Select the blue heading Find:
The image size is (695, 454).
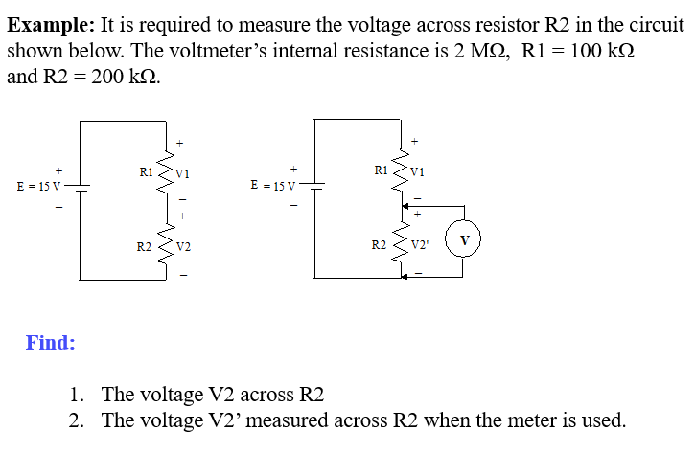pos(51,342)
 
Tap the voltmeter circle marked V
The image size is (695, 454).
pos(465,238)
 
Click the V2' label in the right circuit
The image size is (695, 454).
pos(420,246)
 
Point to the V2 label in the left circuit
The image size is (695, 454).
pos(184,247)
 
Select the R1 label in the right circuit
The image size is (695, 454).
pos(382,170)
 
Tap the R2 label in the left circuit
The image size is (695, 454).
pos(145,247)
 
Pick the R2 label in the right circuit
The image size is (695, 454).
pos(380,246)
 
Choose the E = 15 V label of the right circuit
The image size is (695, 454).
pos(273,184)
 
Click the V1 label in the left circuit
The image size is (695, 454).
pos(183,174)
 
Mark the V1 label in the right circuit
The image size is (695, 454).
pos(418,172)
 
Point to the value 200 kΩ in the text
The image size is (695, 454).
pos(123,77)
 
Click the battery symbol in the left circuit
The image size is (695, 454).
pos(81,187)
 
